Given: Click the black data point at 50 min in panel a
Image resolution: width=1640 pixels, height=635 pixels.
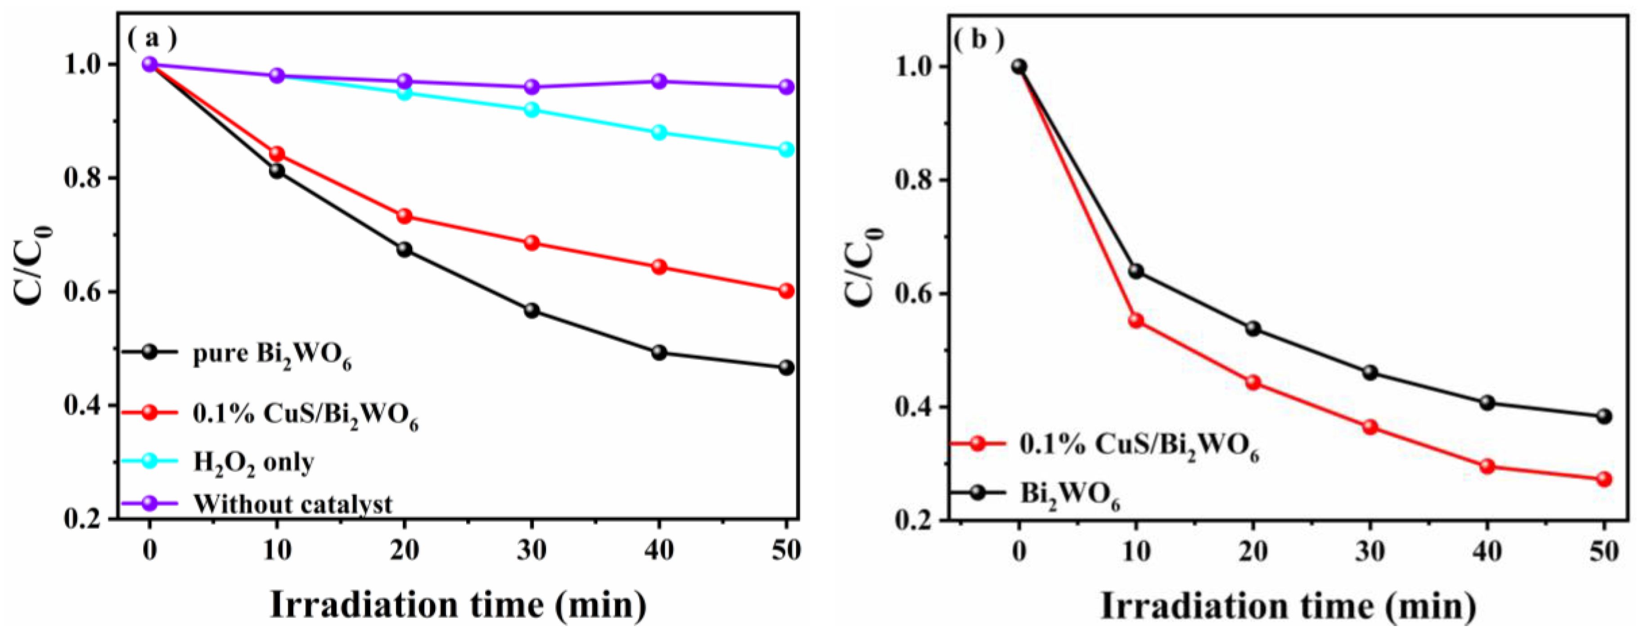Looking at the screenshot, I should pyautogui.click(x=786, y=368).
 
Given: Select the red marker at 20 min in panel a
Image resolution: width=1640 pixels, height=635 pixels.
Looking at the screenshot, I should pyautogui.click(x=404, y=216).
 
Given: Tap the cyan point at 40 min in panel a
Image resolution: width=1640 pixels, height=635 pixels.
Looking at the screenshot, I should pyautogui.click(x=659, y=132).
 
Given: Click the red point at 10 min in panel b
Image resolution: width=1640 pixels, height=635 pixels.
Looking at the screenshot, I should pyautogui.click(x=1136, y=320).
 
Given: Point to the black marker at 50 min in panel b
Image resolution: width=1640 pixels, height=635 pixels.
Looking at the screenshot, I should pyautogui.click(x=1604, y=417).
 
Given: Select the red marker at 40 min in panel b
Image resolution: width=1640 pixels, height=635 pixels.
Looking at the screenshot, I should pyautogui.click(x=1487, y=466).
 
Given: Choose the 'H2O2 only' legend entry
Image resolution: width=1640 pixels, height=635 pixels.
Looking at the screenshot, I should pyautogui.click(x=253, y=462).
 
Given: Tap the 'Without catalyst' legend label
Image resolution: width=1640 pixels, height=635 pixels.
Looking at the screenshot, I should pyautogui.click(x=293, y=504).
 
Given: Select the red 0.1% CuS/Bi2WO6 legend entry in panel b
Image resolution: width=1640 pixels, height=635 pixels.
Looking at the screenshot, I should pyautogui.click(x=1138, y=446).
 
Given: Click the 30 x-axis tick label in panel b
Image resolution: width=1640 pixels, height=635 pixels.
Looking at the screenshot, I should pyautogui.click(x=1370, y=551).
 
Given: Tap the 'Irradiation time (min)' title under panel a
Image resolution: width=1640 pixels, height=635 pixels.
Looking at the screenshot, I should pyautogui.click(x=459, y=604).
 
